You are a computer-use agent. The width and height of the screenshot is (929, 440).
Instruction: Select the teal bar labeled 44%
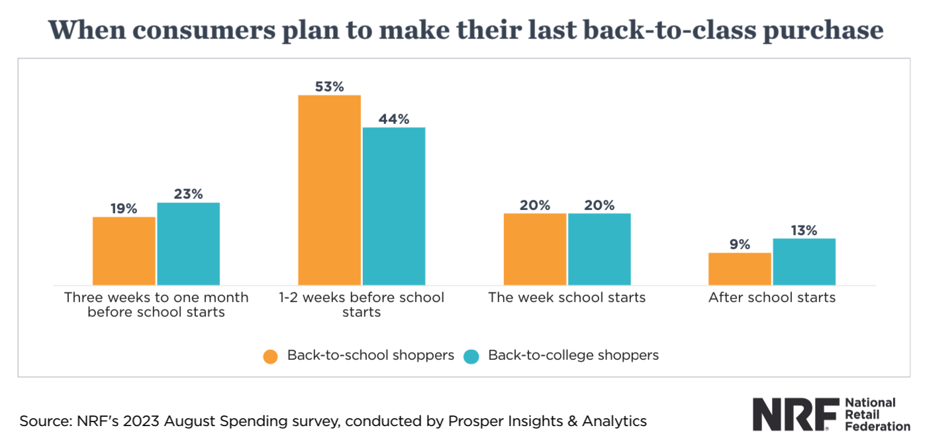[394, 206]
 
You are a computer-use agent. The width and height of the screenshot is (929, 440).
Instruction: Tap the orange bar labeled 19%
[124, 251]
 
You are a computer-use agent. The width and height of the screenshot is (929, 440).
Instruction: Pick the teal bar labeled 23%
[188, 244]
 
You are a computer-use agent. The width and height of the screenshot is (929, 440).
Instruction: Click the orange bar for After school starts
[740, 269]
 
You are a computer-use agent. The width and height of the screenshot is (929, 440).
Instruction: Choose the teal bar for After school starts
[804, 262]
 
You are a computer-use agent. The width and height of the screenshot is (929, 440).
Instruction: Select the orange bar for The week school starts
[534, 249]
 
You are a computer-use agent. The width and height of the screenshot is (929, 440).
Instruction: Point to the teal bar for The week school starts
[599, 249]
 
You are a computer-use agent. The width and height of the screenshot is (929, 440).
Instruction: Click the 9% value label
[740, 245]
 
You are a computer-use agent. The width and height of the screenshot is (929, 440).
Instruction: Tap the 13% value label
[804, 231]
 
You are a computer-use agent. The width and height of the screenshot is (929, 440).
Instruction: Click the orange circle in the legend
[270, 356]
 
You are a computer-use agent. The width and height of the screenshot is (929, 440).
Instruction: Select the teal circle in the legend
[471, 356]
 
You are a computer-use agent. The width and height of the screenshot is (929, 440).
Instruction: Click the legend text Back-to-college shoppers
[573, 355]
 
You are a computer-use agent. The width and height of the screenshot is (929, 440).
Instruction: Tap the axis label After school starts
[772, 298]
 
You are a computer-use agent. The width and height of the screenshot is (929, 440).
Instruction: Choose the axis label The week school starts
[567, 298]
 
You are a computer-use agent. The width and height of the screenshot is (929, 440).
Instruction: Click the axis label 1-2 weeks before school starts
[362, 304]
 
